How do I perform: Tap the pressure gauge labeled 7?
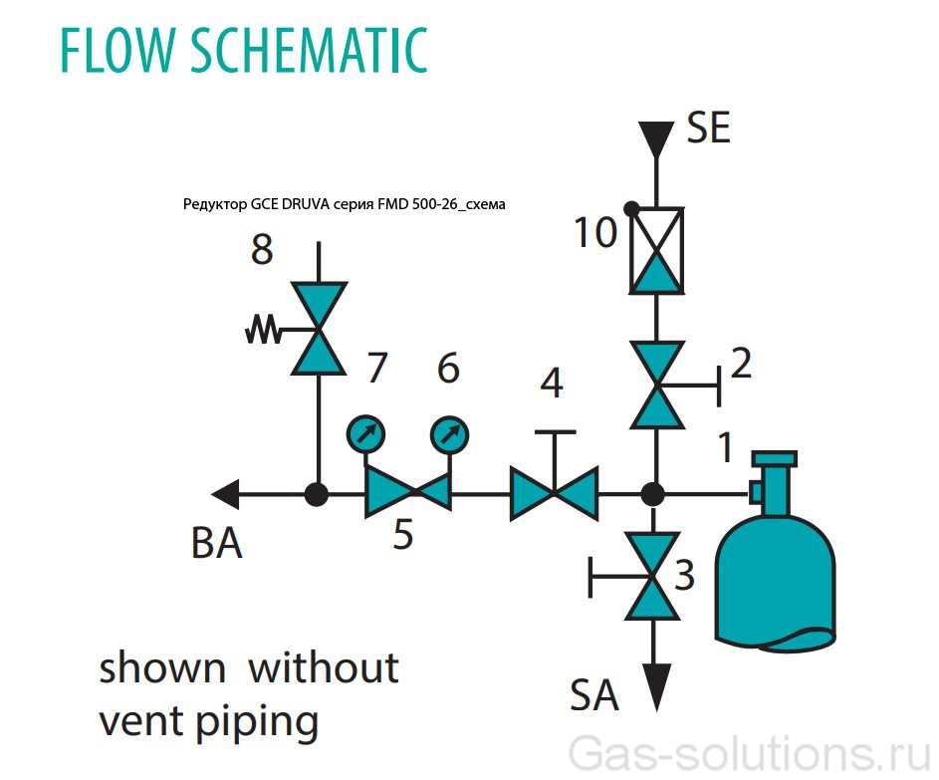point(363,434)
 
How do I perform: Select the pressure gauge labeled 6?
point(450,434)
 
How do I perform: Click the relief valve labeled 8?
point(319,329)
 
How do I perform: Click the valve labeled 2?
point(655,385)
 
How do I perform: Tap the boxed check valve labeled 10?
point(655,250)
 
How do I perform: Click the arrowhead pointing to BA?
point(226,492)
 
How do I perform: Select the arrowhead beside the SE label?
point(655,137)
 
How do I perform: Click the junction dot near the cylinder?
point(653,493)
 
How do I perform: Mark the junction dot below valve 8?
point(318,493)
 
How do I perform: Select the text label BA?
point(216,544)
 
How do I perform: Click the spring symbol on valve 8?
point(265,330)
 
